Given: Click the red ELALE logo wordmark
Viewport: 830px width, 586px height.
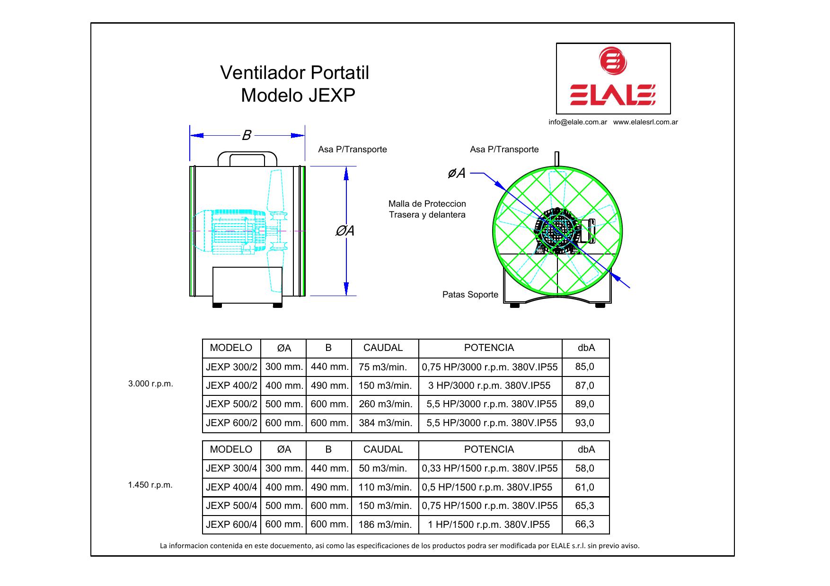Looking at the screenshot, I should click(613, 96).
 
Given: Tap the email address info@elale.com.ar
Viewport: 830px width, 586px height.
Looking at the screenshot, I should click(578, 122).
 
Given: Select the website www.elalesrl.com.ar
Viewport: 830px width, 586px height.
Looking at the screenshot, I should click(645, 122).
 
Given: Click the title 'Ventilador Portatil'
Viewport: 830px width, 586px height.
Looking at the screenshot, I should click(294, 73).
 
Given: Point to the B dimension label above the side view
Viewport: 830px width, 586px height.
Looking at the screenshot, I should click(247, 136).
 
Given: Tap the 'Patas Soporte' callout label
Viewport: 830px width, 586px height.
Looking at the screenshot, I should click(470, 295).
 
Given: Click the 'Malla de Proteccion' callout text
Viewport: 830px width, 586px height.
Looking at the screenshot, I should click(427, 204).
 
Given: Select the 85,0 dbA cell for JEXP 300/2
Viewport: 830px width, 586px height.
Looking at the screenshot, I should click(584, 367).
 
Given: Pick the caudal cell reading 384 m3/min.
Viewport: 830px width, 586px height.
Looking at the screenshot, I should click(385, 423).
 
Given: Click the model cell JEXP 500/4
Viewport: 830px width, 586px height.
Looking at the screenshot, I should click(231, 506).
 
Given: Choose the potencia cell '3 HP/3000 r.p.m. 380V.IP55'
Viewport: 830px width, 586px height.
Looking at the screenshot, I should click(489, 385).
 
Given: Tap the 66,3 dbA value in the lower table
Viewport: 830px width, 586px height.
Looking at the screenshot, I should click(584, 524).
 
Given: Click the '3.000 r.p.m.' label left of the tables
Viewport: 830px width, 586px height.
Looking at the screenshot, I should click(150, 384).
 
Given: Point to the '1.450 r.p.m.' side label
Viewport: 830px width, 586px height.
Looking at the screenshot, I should click(150, 485).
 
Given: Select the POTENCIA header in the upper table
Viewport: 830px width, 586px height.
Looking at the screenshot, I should click(489, 348).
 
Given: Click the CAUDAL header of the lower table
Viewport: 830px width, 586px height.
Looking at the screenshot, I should click(383, 450).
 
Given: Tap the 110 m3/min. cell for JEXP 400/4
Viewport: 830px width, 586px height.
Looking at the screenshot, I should click(385, 487).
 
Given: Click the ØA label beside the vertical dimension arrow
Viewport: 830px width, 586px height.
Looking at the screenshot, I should click(345, 231).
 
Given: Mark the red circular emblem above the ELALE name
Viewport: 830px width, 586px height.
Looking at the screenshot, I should click(612, 61).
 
